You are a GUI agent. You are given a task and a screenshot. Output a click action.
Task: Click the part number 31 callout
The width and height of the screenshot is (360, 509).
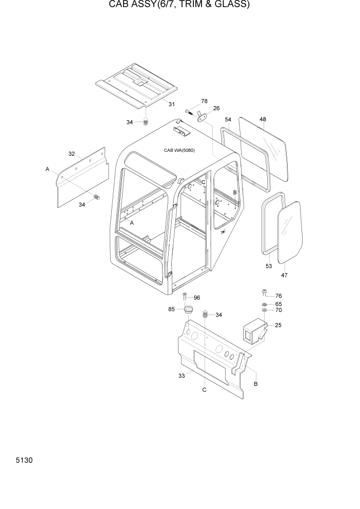coord(171,104)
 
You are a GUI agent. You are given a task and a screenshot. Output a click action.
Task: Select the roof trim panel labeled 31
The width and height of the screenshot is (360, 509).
coord(134,86)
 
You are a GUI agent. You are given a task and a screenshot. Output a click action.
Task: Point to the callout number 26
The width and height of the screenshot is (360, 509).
coord(216,108)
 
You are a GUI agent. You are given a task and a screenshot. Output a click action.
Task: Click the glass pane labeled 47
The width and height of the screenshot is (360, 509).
coord(290,232)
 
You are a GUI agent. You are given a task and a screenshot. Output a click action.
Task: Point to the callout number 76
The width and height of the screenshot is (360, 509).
coord(278,296)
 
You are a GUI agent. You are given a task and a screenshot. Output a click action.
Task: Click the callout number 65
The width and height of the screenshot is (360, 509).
coord(278,304)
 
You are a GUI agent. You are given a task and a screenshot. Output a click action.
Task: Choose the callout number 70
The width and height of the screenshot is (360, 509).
coord(278,310)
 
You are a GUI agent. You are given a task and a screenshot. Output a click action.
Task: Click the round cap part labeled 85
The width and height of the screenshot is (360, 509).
coord(186,310)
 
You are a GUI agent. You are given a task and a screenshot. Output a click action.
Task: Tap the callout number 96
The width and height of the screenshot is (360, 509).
coord(196,298)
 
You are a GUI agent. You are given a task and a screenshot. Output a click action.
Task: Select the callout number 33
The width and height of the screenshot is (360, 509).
coord(181,376)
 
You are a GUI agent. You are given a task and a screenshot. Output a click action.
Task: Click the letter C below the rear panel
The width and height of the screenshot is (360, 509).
coord(204,390)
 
